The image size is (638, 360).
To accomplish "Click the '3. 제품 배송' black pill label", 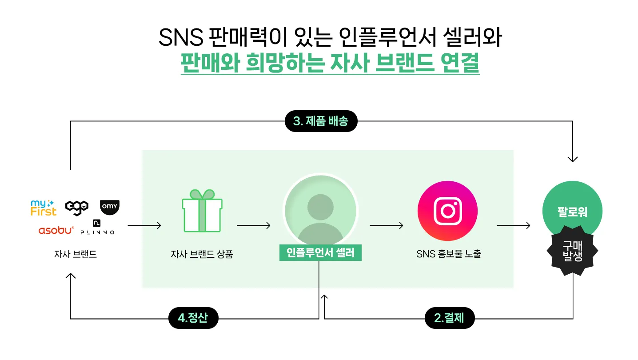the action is [321, 121].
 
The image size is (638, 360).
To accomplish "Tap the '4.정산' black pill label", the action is [193, 318].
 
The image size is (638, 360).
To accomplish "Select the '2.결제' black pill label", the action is [449, 318].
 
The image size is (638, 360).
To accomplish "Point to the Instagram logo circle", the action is [447, 211].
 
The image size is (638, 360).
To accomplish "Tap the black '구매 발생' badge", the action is [572, 251].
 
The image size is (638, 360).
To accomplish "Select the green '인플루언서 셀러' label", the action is [320, 253].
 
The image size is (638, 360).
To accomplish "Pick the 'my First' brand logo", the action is [44, 208].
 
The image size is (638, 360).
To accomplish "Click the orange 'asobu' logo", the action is [56, 230].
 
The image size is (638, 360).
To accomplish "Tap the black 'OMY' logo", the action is [109, 207].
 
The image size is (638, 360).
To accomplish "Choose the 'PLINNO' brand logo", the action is [97, 227].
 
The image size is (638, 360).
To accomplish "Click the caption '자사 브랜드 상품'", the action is [202, 255].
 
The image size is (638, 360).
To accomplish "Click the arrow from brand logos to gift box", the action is [144, 226].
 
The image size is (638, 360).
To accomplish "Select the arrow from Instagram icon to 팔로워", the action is [513, 226].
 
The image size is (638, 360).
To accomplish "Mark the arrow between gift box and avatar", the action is [253, 226].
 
